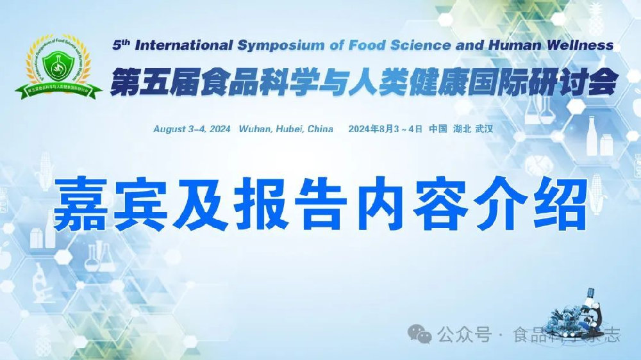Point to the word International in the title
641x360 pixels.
coord(184,45)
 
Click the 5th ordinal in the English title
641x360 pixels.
coord(121,45)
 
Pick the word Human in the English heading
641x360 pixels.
coord(504,45)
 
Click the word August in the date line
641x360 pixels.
coord(170,129)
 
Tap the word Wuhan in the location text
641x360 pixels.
coord(256,129)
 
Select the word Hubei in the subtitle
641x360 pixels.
coord(290,129)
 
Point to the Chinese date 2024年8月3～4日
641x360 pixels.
coord(385,129)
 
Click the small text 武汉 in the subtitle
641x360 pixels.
coord(484,129)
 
